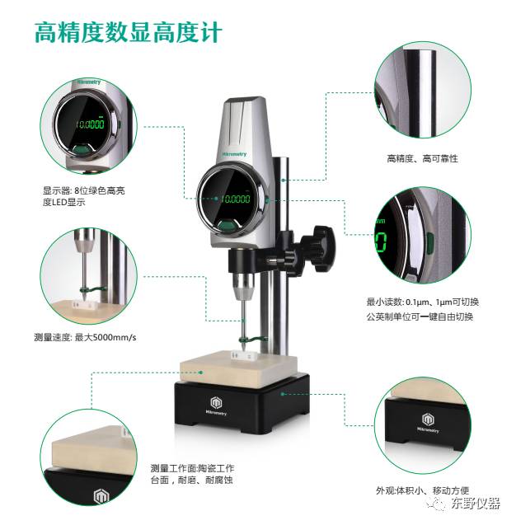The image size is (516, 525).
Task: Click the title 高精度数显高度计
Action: [129, 32]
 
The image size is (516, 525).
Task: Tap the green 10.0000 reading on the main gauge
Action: [236, 199]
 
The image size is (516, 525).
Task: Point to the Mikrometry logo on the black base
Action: [216, 405]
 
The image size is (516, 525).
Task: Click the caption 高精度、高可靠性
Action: [422, 158]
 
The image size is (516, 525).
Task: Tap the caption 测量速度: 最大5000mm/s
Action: [85, 337]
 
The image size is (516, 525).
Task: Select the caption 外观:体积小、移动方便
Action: [423, 491]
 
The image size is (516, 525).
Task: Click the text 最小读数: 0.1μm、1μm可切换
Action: [423, 302]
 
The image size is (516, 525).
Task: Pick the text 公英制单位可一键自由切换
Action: [420, 316]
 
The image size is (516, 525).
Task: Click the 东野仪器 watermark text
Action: [476, 503]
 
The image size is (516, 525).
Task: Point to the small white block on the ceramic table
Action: [244, 355]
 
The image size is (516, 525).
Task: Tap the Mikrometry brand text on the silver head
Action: [234, 154]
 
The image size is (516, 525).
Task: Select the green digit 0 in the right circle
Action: [381, 241]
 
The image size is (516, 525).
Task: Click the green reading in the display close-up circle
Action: [90, 124]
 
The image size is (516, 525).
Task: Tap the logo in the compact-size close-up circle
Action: [428, 423]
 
